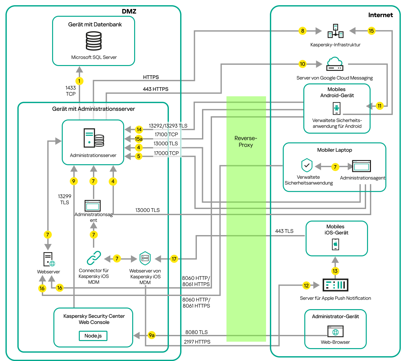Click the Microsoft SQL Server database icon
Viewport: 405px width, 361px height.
94,41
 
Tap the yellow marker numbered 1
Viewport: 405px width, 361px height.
79,81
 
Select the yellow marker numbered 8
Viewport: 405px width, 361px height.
302,31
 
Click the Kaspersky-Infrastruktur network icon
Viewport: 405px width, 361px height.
336,31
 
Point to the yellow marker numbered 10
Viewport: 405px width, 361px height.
302,64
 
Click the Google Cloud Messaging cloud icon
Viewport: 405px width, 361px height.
335,64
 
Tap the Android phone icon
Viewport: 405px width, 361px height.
336,108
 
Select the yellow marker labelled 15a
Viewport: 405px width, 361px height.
139,139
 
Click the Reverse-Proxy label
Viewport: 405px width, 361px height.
246,141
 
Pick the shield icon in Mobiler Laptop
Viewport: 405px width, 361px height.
307,165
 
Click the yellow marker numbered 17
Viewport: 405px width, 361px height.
174,259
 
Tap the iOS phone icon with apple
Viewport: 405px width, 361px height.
336,244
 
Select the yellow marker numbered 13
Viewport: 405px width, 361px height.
335,271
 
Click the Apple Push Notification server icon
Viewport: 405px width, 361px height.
335,285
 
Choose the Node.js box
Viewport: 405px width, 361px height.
93,336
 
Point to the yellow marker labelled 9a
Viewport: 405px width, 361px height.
152,335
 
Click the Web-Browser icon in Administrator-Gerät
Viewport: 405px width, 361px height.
336,332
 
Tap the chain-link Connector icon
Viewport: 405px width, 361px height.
94,258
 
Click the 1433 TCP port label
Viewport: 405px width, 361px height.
71,91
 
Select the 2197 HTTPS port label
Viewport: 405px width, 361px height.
197,342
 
